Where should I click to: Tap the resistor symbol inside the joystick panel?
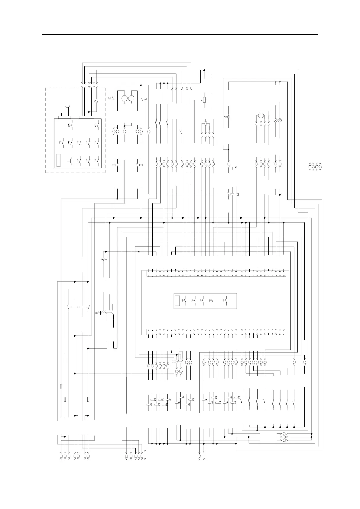coord(71,161)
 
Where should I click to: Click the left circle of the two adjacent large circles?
coord(125,98)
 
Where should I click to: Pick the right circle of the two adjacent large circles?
coord(131,98)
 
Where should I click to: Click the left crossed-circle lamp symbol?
coord(275,120)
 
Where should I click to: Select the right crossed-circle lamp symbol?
coord(280,120)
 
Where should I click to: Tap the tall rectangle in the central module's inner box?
coord(177,301)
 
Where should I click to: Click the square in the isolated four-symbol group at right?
coord(310,167)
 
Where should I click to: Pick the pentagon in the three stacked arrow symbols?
coord(284,440)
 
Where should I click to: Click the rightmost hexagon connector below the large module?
coord(305,362)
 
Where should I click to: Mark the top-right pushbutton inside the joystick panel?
coord(97,125)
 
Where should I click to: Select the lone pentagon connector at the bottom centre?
coord(199,456)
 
